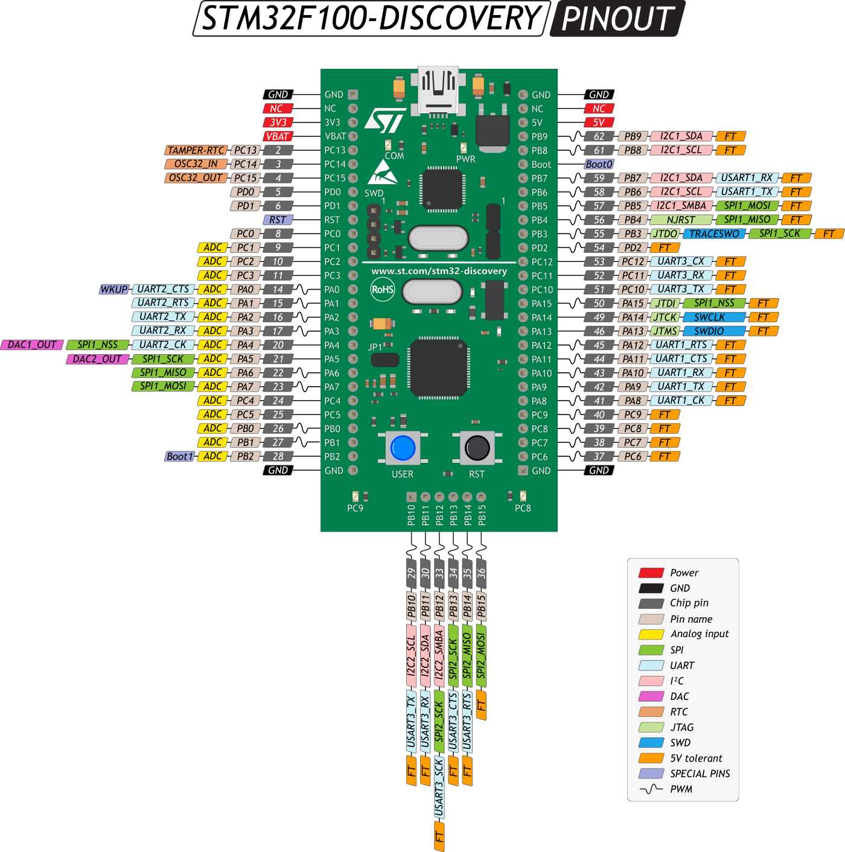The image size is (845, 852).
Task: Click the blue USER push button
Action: (403, 448)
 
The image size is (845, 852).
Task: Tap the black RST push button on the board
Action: (477, 448)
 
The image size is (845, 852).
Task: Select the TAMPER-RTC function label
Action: (196, 150)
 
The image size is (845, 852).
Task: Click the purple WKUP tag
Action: (114, 289)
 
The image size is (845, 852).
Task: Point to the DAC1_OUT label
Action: (32, 345)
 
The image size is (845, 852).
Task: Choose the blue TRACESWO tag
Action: (714, 234)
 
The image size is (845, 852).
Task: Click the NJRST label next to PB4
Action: (681, 220)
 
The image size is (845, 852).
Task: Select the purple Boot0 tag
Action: (599, 164)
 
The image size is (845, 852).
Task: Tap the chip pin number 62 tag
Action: (599, 136)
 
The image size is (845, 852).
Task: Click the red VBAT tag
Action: (278, 136)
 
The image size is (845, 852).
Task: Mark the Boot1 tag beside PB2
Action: (180, 456)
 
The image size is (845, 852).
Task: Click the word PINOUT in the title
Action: (617, 19)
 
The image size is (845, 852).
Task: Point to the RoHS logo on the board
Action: (383, 289)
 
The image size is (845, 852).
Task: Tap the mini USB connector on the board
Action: (438, 91)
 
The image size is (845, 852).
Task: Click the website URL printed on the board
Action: (439, 271)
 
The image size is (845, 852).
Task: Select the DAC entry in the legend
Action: (679, 696)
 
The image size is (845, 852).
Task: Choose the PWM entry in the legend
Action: (681, 789)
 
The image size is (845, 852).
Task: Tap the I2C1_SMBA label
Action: (681, 206)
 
